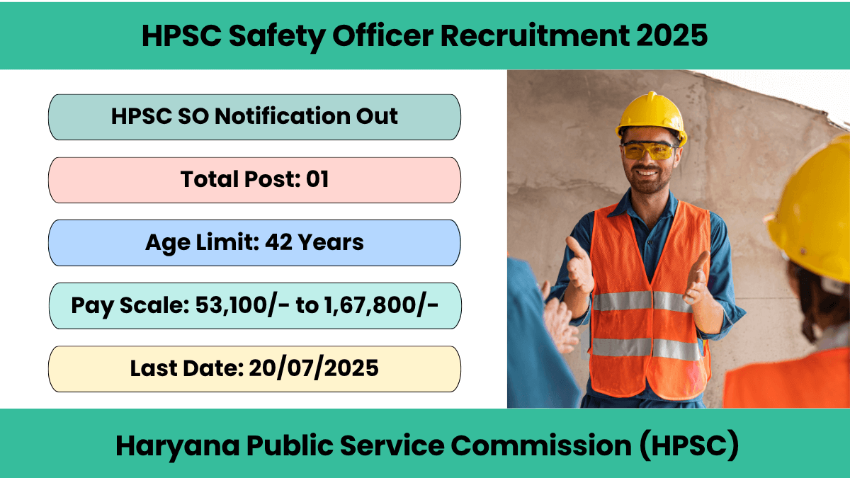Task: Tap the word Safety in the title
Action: pyautogui.click(x=277, y=36)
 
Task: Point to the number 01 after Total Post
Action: pyautogui.click(x=317, y=179)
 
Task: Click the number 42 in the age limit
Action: pyautogui.click(x=279, y=242)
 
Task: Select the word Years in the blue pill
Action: pyautogui.click(x=331, y=242)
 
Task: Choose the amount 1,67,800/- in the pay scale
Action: pyautogui.click(x=381, y=305)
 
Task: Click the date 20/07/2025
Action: pyautogui.click(x=314, y=368)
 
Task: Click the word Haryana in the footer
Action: pyautogui.click(x=178, y=446)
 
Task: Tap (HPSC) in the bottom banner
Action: pyautogui.click(x=689, y=445)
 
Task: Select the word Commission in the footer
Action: pyautogui.click(x=541, y=445)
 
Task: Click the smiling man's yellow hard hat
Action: pyautogui.click(x=652, y=118)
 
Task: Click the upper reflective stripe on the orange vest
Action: pyautogui.click(x=643, y=301)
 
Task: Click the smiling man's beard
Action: pyautogui.click(x=647, y=182)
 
